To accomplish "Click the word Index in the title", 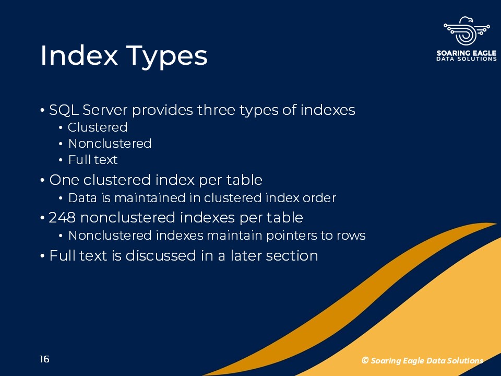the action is click(79, 55).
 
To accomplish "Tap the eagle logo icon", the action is click(467, 31).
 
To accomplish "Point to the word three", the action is click(216, 110).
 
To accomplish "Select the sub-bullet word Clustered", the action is click(98, 127).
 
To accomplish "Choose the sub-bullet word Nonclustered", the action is click(110, 144).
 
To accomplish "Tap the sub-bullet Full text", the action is click(93, 160).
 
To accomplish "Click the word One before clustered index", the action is click(64, 180).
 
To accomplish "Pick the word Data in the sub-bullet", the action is click(82, 198).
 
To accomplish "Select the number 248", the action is click(62, 218).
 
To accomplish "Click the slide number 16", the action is click(44, 359).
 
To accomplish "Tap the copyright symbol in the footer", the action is click(365, 360).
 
